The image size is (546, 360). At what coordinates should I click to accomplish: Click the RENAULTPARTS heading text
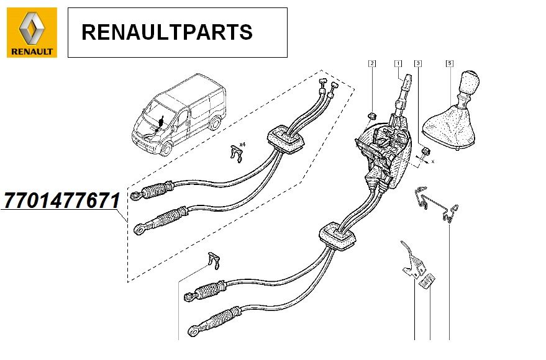(x=167, y=32)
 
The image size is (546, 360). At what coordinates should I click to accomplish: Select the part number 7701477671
(x=61, y=200)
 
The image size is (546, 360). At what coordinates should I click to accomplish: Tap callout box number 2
(x=371, y=63)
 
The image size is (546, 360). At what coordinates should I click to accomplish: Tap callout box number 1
(x=398, y=63)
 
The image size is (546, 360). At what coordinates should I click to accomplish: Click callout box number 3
(x=418, y=63)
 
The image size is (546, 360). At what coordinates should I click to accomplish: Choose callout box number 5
(x=450, y=63)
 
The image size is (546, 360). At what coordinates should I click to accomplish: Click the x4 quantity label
(x=242, y=144)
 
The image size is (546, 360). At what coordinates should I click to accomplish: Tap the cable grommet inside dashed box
(x=286, y=139)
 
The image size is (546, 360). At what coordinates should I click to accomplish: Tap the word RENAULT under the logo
(x=32, y=52)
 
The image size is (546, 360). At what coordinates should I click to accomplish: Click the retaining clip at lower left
(x=212, y=262)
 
